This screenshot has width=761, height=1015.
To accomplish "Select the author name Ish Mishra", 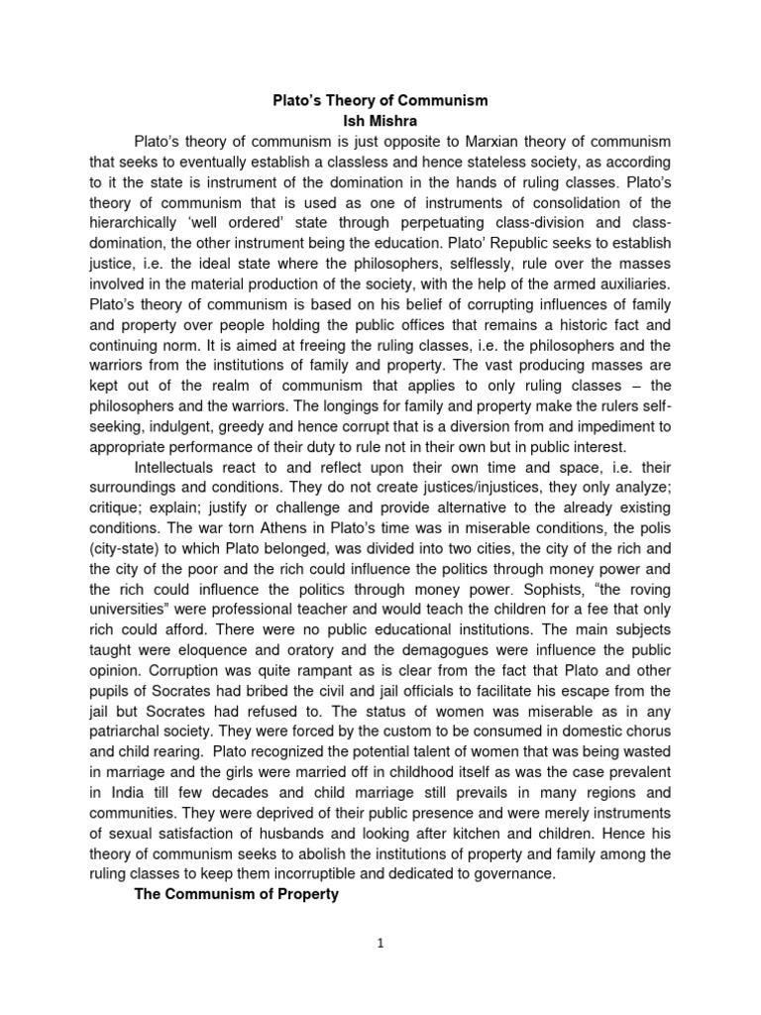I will (x=380, y=120).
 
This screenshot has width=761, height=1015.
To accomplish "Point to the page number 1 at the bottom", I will (x=380, y=972).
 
